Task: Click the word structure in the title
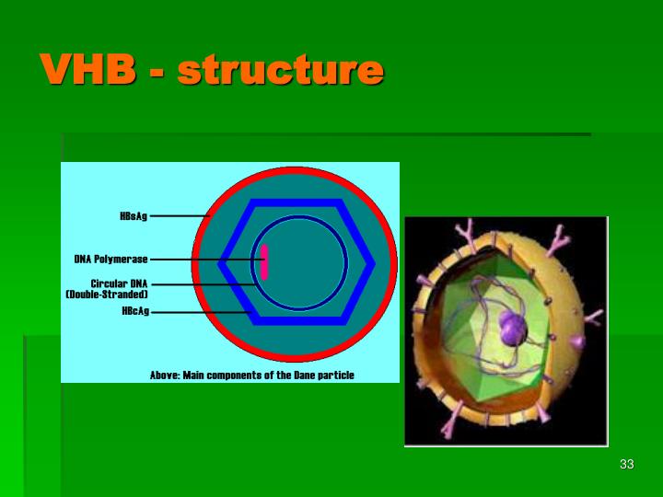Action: coord(279,70)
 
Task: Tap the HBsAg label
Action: coord(133,216)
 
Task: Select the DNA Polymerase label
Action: coord(110,260)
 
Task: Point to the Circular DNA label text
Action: coord(118,283)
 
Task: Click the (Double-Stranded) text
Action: coord(107,295)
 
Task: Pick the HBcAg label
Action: coord(134,311)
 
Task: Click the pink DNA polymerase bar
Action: coord(264,261)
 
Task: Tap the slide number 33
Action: coord(627,464)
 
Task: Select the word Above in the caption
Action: coord(165,376)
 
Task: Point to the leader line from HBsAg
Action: coord(180,216)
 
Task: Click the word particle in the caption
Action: coord(333,376)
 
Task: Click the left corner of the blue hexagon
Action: coord(222,262)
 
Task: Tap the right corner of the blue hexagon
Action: coord(372,262)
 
